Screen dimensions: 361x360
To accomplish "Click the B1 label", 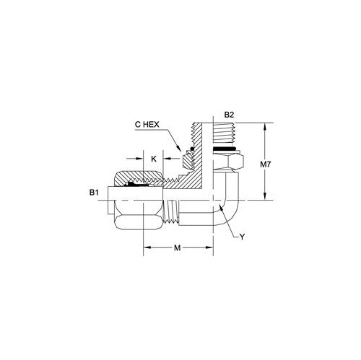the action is [x=94, y=193].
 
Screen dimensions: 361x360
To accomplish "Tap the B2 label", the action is [x=229, y=115].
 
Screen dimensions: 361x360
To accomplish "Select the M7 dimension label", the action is [x=266, y=164].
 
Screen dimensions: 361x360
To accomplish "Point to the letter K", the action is [x=154, y=159].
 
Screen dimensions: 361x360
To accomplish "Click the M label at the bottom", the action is [x=177, y=247].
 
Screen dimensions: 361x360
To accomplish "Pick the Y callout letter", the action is [x=243, y=237].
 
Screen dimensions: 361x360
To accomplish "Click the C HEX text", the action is [x=147, y=125].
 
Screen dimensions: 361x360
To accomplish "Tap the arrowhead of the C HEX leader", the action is [x=179, y=149].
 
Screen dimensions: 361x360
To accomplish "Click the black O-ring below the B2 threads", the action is [x=224, y=149].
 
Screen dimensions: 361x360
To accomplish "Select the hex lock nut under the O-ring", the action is [x=228, y=162].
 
